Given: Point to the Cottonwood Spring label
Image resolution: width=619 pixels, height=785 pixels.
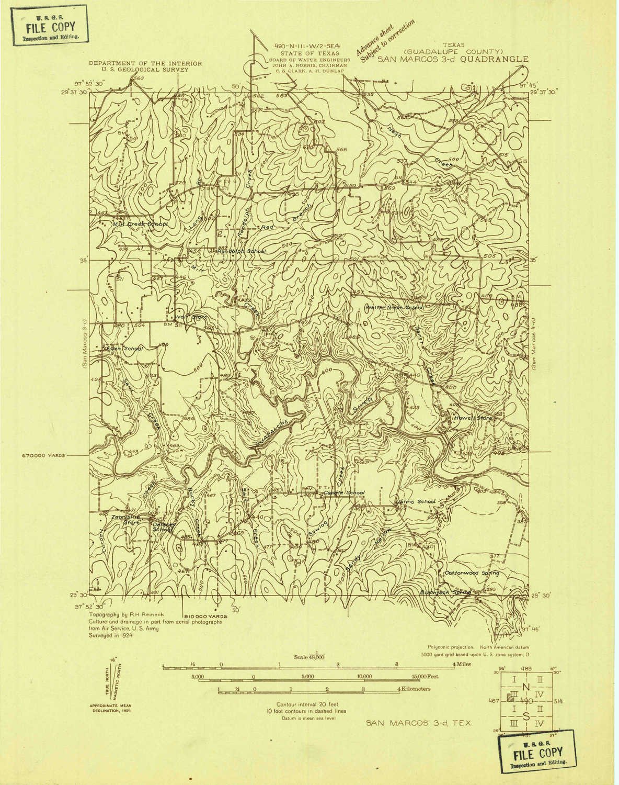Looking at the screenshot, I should (472, 573).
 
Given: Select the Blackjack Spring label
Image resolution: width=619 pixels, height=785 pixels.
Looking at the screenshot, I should (446, 592).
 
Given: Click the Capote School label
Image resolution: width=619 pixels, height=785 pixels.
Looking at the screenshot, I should (343, 492).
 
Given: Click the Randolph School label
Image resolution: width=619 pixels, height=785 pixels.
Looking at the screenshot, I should (241, 251).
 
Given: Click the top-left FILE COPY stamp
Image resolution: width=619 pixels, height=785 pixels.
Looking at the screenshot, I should (51, 26).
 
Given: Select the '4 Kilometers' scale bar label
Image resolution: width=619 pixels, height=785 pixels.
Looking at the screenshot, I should (414, 689).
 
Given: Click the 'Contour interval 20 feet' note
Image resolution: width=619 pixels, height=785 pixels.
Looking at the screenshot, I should (307, 704).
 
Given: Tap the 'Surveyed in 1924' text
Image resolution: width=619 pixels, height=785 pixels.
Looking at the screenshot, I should (111, 635).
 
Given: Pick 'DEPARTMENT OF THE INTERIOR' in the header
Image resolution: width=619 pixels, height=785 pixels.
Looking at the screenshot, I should (145, 63).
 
